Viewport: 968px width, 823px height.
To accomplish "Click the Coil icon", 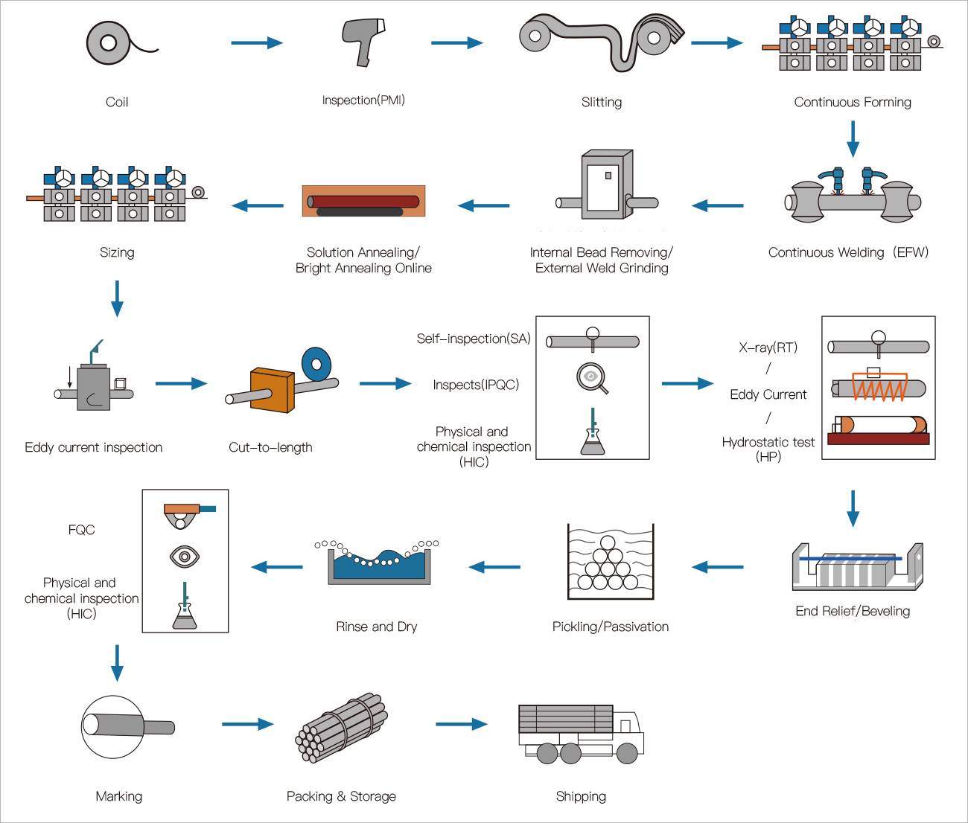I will point(109,42).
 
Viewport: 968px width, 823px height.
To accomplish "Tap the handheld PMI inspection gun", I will point(364,40).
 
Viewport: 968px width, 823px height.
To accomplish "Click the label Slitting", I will point(602,103).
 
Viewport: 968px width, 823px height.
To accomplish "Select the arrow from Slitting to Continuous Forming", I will point(716,43).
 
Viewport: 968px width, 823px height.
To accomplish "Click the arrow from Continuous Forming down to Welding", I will point(853,138).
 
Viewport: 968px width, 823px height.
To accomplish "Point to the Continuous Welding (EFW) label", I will point(848,253).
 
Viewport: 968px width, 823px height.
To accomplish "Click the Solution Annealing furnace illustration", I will point(363,201).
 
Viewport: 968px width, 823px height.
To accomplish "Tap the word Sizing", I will point(117,253).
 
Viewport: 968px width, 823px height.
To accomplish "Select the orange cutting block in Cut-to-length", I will point(271,388).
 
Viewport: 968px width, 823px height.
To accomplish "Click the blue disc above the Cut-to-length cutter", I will point(316,364).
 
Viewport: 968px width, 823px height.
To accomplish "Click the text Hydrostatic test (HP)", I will point(768,449).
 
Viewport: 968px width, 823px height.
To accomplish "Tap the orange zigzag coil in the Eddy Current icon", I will point(879,388).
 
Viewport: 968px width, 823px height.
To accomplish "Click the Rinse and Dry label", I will point(376,627).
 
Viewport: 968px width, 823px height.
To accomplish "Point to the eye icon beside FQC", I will point(185,556).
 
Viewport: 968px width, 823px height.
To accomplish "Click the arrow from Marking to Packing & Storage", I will point(247,724).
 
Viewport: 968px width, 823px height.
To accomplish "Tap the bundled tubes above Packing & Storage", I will point(342,728).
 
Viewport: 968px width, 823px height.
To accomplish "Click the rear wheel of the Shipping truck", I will point(547,754).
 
